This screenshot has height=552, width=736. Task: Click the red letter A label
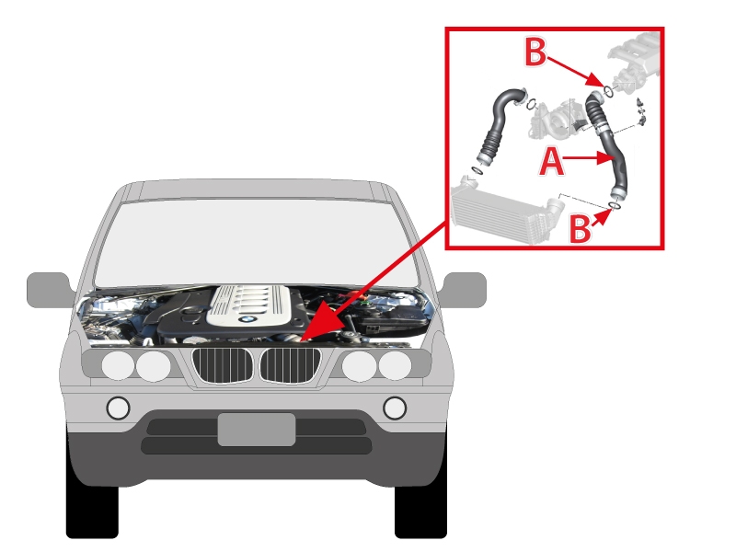(x=550, y=162)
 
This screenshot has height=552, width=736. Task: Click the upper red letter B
(x=535, y=52)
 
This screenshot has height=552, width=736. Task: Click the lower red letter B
(x=580, y=227)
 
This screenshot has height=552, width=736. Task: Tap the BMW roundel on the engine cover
(x=246, y=319)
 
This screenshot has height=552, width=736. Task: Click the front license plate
(x=257, y=430)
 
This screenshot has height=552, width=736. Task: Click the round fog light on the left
(x=119, y=408)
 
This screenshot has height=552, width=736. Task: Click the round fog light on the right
(x=395, y=408)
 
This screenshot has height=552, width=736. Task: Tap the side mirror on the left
(x=49, y=289)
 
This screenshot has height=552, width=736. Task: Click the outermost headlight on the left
(x=118, y=366)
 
